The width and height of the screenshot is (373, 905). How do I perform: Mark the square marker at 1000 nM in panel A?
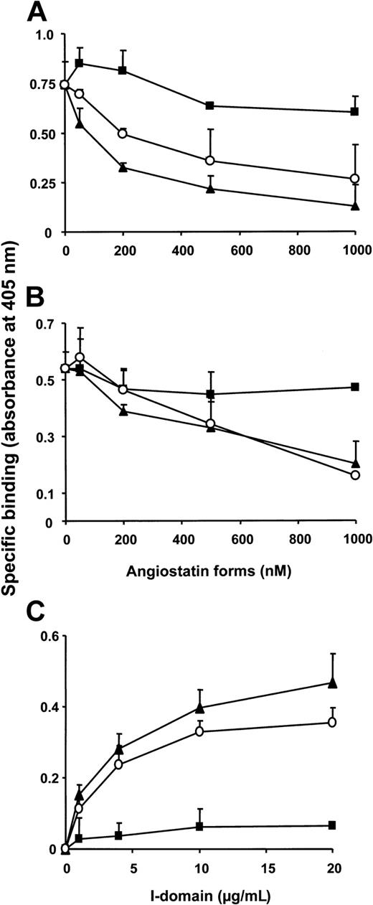pyautogui.click(x=354, y=111)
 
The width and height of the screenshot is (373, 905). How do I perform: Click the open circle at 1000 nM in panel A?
pyautogui.click(x=354, y=178)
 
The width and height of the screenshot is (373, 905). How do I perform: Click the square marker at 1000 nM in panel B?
pyautogui.click(x=354, y=387)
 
